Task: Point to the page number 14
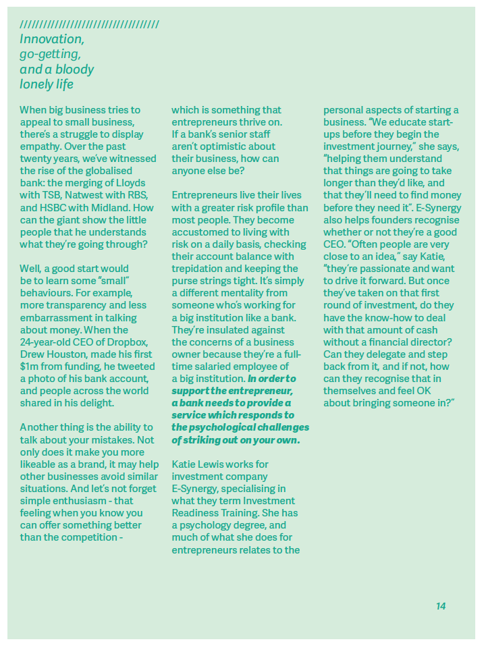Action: (x=441, y=606)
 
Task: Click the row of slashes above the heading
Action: (x=90, y=25)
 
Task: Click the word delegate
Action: (x=390, y=354)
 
